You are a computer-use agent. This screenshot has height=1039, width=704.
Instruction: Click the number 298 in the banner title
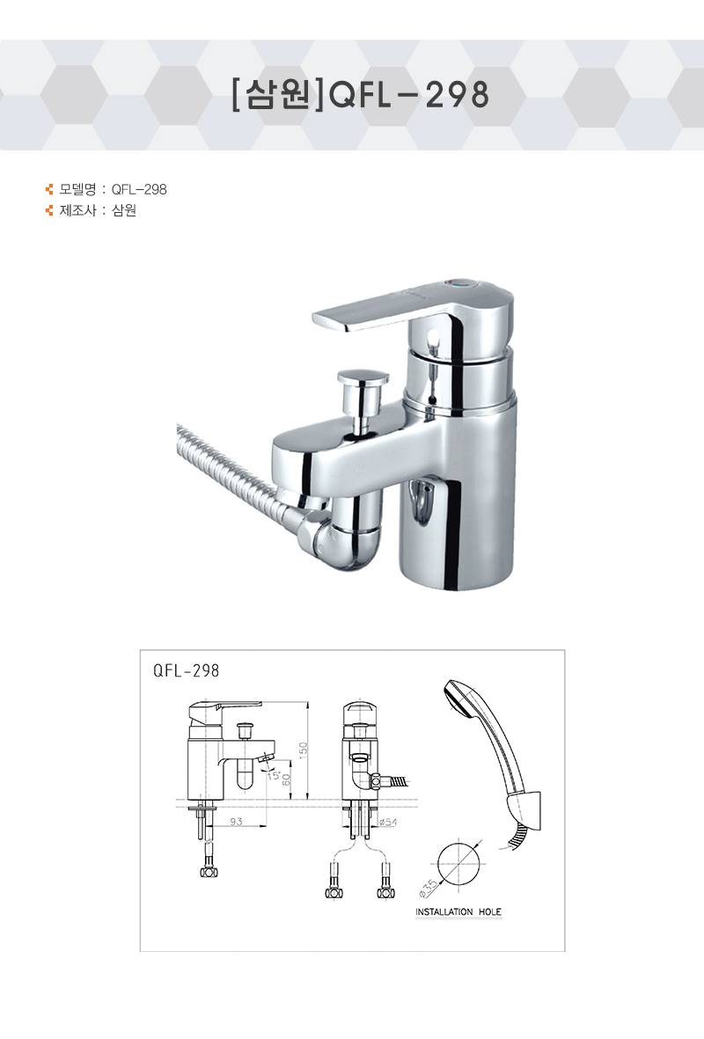[x=457, y=95]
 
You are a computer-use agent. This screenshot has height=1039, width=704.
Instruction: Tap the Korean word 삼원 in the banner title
[x=278, y=95]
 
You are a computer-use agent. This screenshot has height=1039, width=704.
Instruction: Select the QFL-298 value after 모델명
[x=139, y=189]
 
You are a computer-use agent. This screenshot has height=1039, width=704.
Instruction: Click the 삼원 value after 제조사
[x=124, y=211]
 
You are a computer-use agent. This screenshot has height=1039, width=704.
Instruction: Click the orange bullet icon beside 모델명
[x=49, y=189]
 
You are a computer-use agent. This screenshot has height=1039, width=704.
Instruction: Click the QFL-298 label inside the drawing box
[x=187, y=670]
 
